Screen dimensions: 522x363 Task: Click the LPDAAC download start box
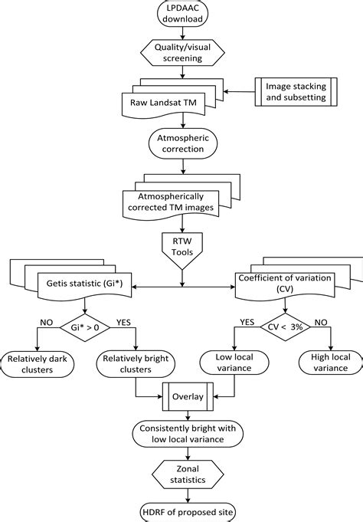point(182,14)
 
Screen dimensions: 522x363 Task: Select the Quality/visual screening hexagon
point(182,52)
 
